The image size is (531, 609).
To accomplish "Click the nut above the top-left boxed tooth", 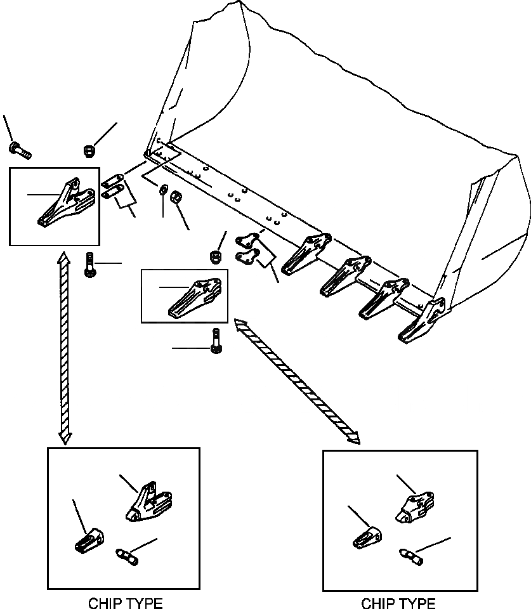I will click(89, 150).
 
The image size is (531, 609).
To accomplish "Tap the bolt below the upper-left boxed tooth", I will click(89, 265).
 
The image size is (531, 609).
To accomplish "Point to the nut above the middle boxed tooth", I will click(216, 256).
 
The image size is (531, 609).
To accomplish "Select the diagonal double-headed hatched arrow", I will click(296, 381).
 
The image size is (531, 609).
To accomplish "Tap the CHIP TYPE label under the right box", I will click(398, 603).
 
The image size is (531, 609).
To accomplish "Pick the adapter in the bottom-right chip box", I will click(416, 507).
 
